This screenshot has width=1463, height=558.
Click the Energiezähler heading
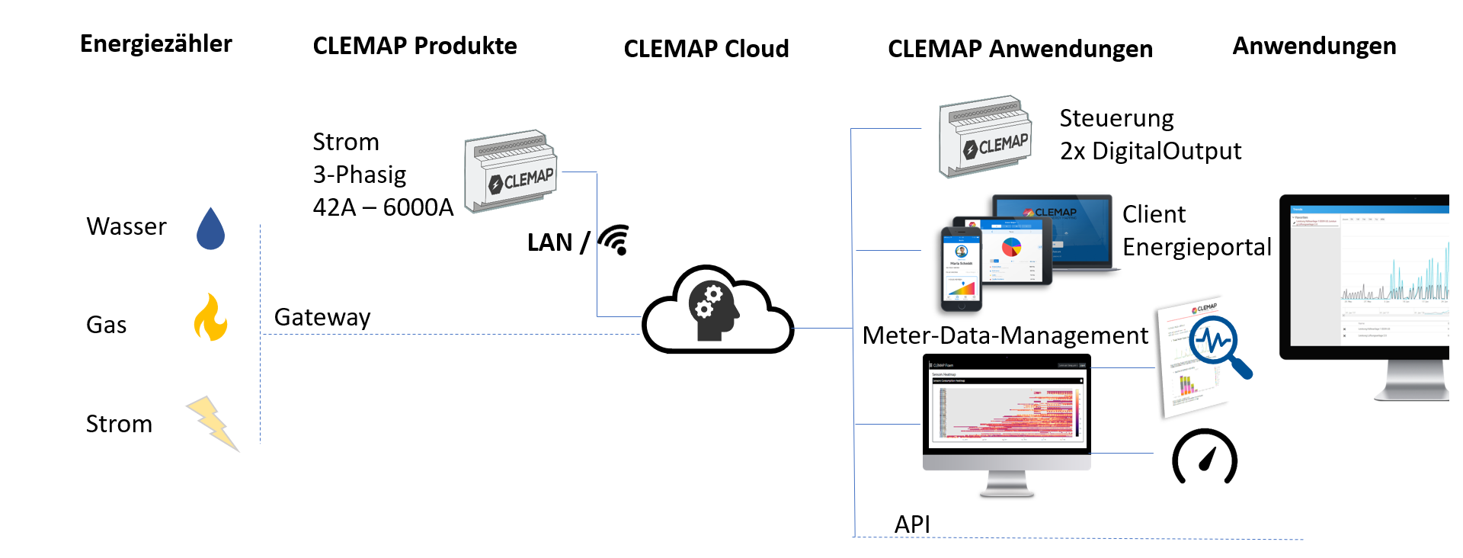click(x=156, y=44)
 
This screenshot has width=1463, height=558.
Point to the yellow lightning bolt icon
click(x=213, y=422)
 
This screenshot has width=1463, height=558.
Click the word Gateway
click(x=322, y=317)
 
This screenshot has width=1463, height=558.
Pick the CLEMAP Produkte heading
click(x=415, y=46)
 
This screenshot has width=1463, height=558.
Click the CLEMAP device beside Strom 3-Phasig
click(x=511, y=172)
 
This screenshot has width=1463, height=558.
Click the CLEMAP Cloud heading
click(x=706, y=49)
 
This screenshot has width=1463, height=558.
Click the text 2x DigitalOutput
click(x=1151, y=151)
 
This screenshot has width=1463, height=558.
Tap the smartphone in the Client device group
click(x=961, y=269)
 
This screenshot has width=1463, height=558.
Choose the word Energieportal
click(x=1197, y=247)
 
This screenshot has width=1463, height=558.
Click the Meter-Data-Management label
click(x=1005, y=335)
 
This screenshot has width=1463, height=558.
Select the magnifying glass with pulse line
click(x=1220, y=345)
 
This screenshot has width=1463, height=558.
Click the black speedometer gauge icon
click(x=1205, y=457)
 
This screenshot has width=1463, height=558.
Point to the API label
click(x=912, y=524)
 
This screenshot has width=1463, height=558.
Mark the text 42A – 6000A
click(x=383, y=207)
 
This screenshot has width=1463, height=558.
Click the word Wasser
click(x=126, y=226)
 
